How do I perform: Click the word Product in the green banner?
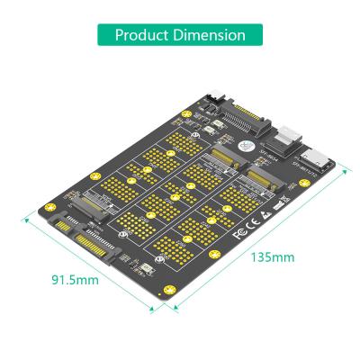click(144, 35)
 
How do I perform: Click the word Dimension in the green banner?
click(211, 35)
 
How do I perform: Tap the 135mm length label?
click(271, 258)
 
